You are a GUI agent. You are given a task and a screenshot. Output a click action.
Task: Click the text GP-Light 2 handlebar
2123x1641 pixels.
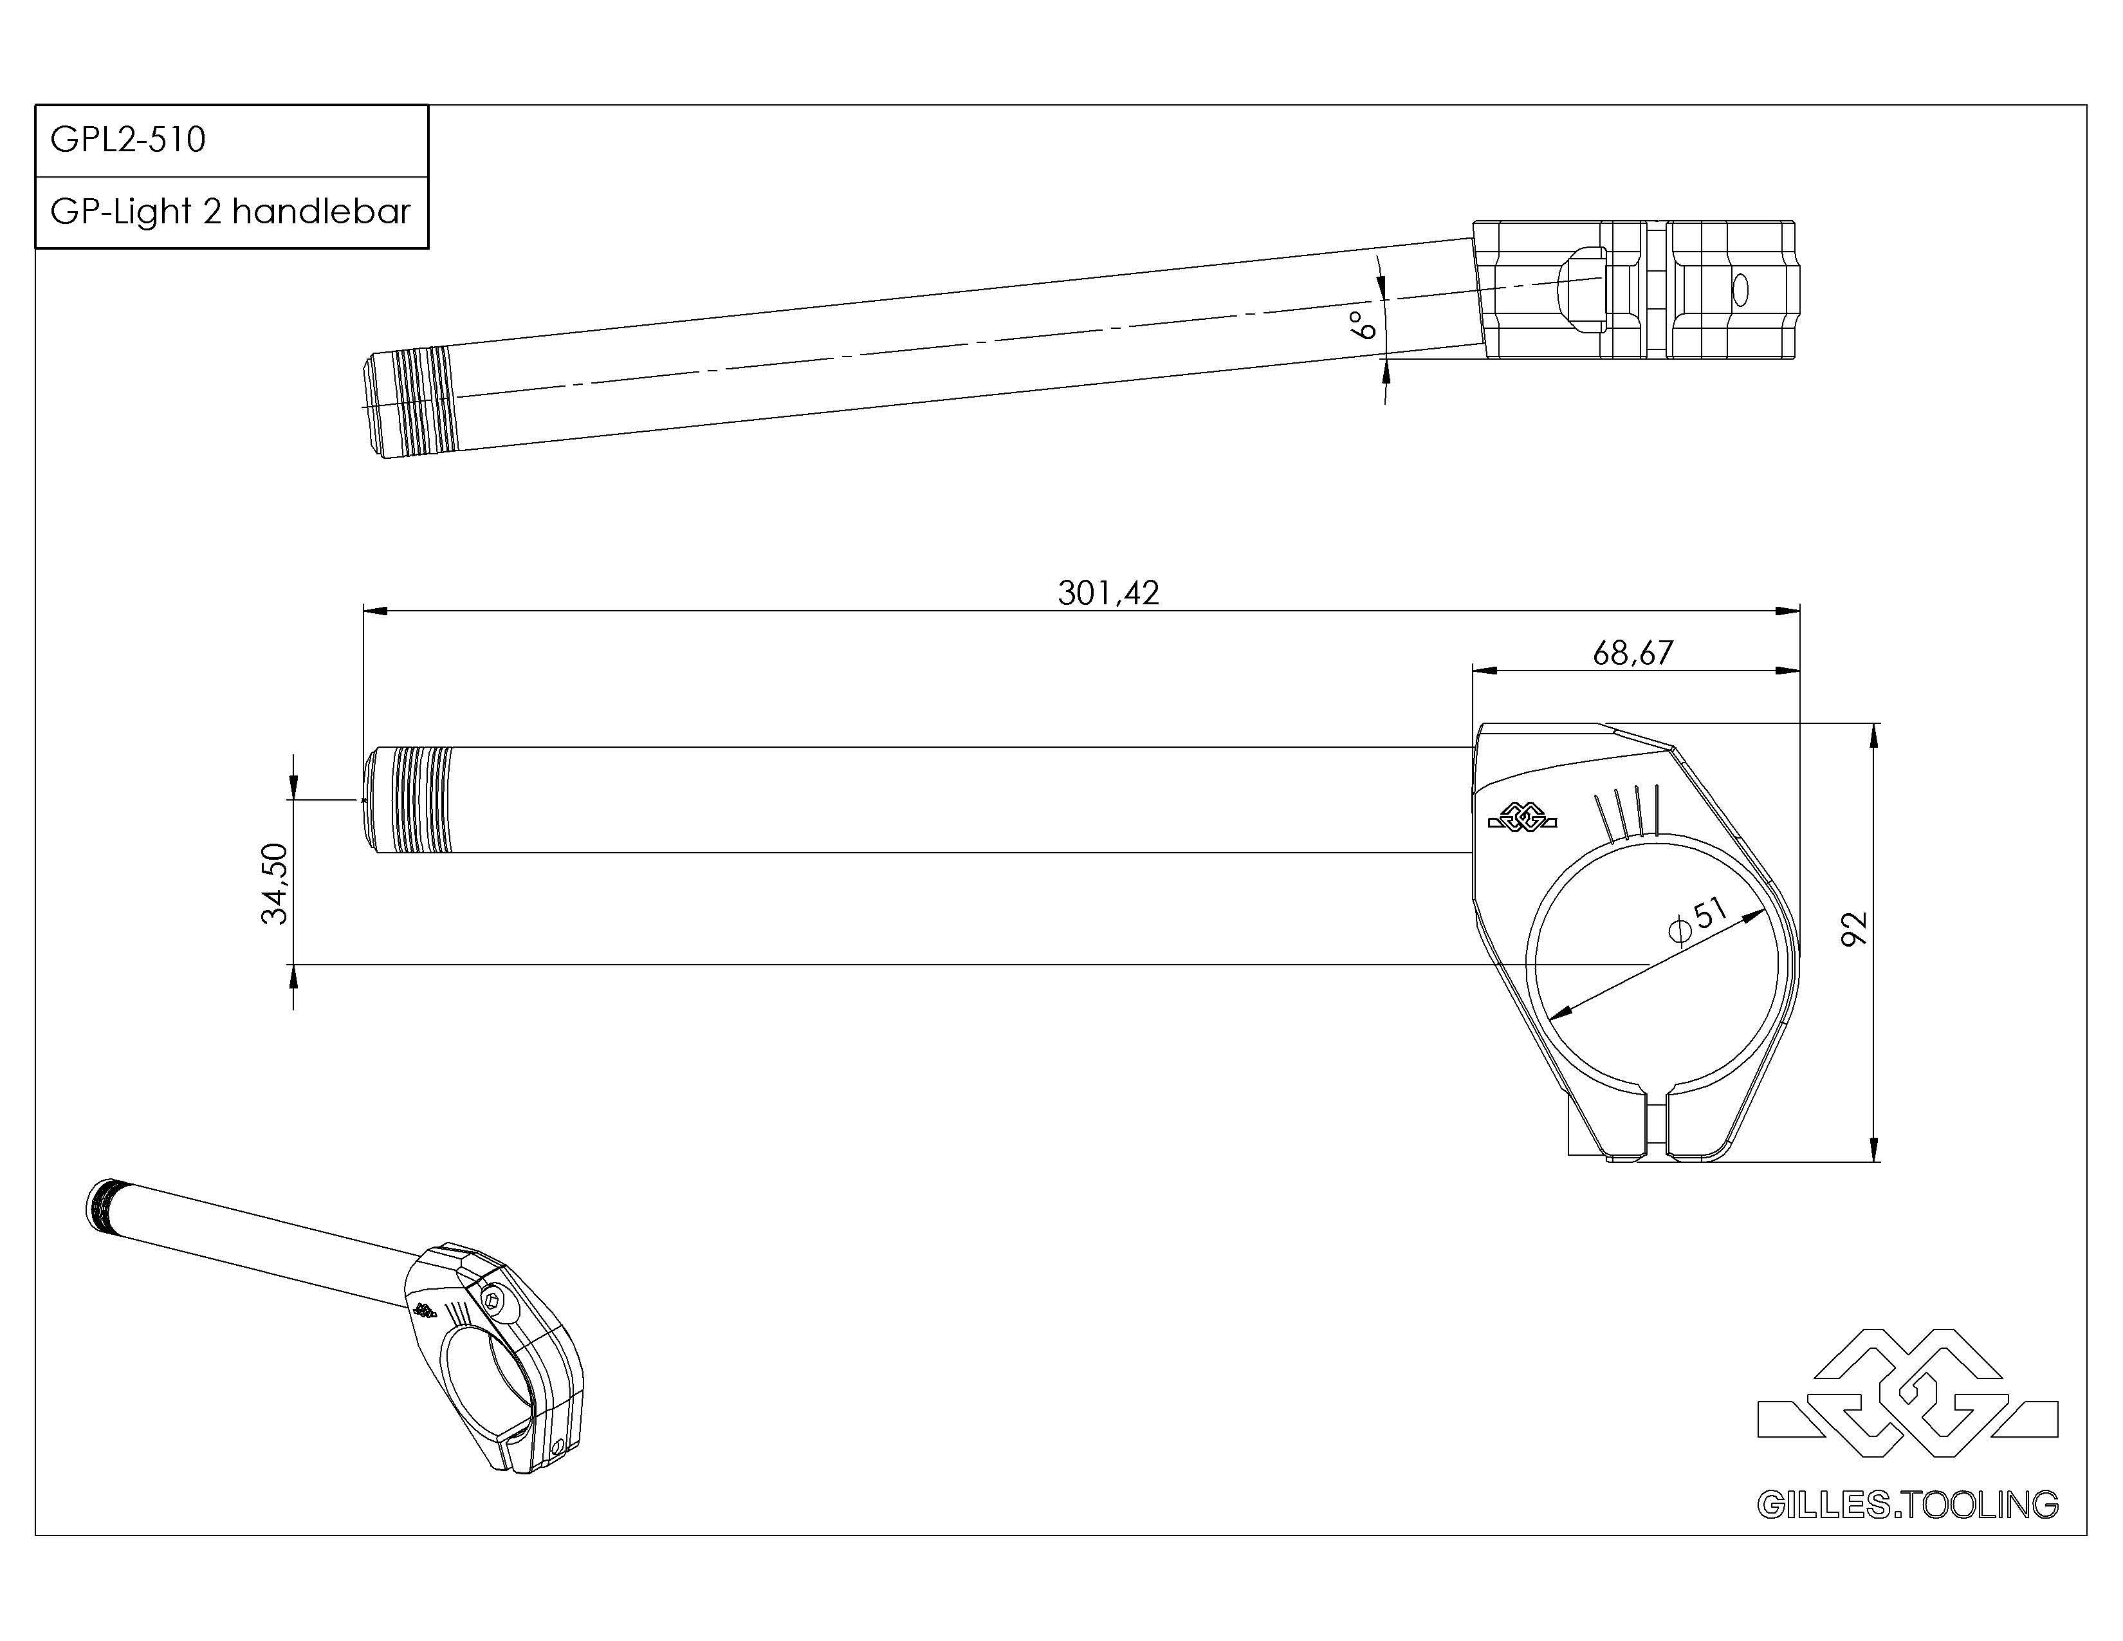tap(230, 212)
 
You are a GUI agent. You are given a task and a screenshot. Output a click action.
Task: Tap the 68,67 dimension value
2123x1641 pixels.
tap(1633, 653)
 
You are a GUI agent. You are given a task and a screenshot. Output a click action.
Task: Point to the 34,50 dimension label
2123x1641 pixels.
tap(276, 883)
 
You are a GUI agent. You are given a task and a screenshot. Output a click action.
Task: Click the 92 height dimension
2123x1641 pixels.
tap(1855, 929)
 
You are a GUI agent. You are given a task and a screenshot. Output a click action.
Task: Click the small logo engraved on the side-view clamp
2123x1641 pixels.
tap(1522, 819)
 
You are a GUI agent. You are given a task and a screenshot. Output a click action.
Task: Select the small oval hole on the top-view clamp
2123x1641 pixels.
tap(1740, 290)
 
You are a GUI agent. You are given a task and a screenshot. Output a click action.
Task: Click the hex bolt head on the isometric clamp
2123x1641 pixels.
tap(495, 1302)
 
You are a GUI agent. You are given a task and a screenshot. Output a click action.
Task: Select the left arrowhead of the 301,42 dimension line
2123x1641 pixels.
tap(375, 611)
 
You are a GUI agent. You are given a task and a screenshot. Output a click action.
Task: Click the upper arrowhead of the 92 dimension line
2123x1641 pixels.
tap(1874, 735)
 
